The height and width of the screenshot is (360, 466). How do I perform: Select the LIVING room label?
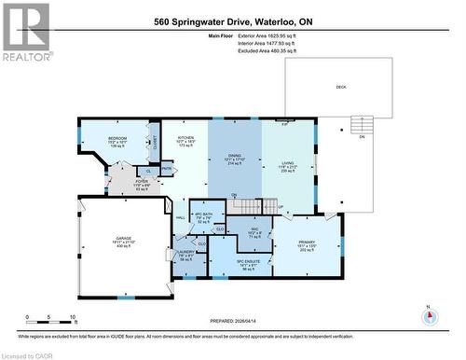click(288, 162)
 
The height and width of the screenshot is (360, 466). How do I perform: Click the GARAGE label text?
click(124, 238)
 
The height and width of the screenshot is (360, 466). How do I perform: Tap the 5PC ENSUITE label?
click(247, 264)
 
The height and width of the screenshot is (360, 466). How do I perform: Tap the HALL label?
click(181, 217)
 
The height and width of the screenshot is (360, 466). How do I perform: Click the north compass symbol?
click(430, 316)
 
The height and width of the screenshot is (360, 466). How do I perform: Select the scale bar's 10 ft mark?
click(73, 317)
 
